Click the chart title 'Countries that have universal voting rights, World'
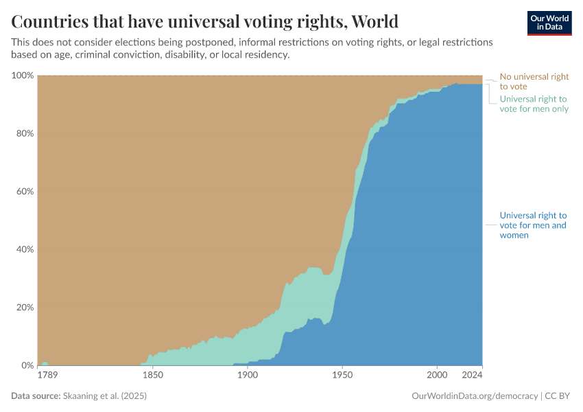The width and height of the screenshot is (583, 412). (x=205, y=21)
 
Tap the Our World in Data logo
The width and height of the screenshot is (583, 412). (x=549, y=23)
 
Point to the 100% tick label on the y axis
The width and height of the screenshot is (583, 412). (x=23, y=75)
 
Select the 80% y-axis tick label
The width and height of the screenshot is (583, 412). (x=25, y=133)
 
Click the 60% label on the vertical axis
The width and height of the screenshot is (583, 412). (x=25, y=191)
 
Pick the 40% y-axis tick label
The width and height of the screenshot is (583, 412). (x=25, y=249)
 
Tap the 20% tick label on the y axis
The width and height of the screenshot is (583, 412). (x=25, y=307)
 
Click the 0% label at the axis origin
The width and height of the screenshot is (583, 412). (x=27, y=365)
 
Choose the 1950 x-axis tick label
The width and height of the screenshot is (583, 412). (x=342, y=376)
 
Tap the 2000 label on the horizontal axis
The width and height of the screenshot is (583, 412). (x=436, y=376)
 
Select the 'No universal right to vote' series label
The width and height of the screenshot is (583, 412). (x=534, y=82)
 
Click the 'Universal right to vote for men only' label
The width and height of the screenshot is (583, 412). (x=534, y=104)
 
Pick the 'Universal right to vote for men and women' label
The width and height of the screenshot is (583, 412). (x=533, y=225)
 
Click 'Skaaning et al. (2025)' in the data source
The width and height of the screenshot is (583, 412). (x=105, y=396)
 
